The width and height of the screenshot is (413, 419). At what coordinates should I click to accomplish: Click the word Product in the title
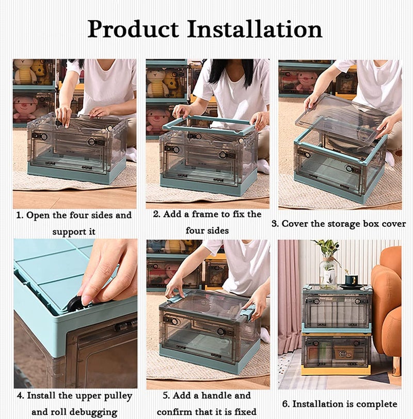(133, 29)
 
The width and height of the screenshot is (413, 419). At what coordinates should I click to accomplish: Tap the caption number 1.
(19, 215)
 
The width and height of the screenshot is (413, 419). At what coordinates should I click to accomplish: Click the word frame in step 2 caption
(210, 214)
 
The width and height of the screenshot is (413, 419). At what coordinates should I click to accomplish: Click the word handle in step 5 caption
(223, 396)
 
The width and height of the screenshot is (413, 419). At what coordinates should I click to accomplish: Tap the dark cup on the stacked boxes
(351, 281)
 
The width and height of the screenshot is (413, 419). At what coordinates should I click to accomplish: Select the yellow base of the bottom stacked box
(336, 370)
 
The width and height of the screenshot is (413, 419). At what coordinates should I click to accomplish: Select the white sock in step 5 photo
(265, 335)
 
